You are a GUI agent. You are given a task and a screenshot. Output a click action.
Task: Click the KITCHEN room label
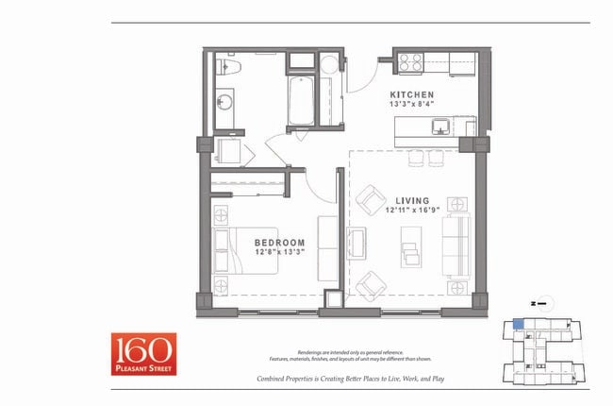coord(412,95)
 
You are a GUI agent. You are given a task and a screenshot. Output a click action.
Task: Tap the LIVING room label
coord(412,200)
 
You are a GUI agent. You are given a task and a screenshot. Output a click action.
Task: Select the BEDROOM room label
coord(279,243)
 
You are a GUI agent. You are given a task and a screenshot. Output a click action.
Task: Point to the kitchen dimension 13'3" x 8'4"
coord(412,106)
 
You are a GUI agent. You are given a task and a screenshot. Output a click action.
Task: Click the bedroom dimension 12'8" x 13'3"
coord(279,253)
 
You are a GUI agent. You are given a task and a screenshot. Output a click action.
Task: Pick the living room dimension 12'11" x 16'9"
coord(412,211)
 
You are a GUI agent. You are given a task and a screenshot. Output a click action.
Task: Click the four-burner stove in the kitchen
coord(410,62)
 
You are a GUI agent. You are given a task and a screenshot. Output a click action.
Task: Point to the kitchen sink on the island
coord(439,126)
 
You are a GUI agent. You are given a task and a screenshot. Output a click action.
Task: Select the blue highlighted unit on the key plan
coord(518,324)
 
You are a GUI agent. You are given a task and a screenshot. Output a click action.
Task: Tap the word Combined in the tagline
coord(273,379)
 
